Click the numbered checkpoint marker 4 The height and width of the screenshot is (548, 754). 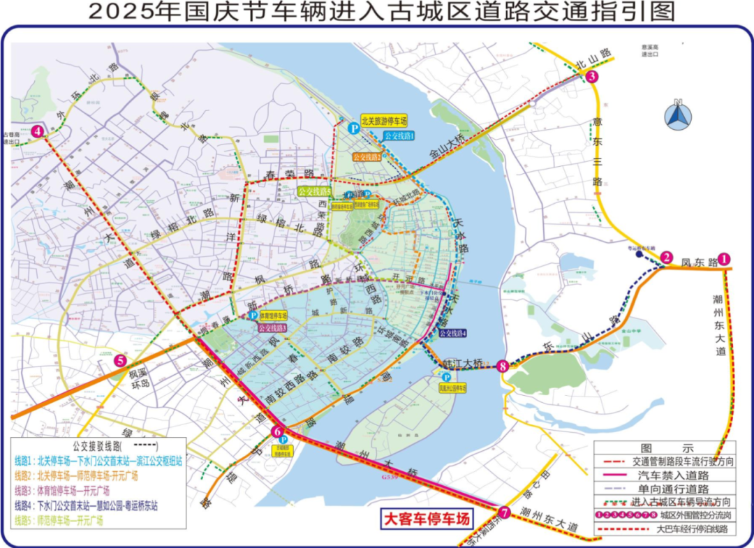click(x=38, y=131)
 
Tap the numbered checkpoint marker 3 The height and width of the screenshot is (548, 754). click(x=592, y=77)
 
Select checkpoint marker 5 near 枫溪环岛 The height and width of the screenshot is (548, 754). click(x=121, y=361)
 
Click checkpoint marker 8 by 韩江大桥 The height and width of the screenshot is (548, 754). click(x=503, y=365)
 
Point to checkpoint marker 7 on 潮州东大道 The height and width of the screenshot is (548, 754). click(x=504, y=513)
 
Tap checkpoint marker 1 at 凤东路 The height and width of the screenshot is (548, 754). click(x=725, y=259)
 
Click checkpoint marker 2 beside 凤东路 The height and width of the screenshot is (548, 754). click(x=667, y=258)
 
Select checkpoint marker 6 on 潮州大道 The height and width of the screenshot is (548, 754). click(x=277, y=431)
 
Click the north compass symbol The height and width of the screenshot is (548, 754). click(x=677, y=116)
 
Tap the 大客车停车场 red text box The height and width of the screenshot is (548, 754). click(x=426, y=519)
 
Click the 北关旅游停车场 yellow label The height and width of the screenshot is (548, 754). click(x=384, y=121)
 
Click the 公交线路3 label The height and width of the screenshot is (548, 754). click(x=272, y=327)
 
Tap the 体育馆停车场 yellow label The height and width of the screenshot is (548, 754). click(x=269, y=316)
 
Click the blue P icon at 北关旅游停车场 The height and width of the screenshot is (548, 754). click(x=354, y=128)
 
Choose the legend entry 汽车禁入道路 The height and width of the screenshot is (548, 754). click(x=670, y=475)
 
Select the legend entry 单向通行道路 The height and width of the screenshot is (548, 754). click(x=670, y=489)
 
